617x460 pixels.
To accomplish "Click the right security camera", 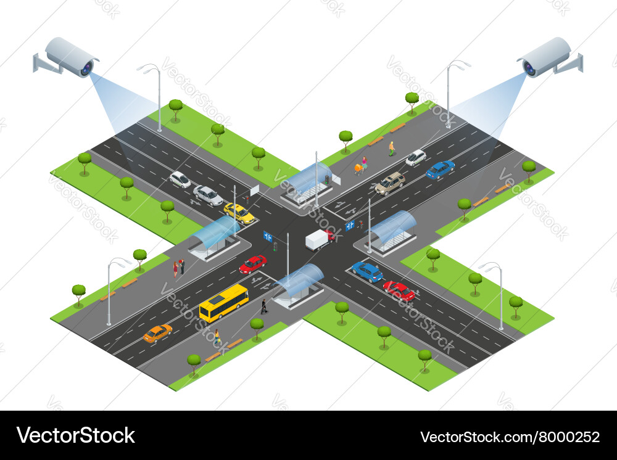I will (547, 57).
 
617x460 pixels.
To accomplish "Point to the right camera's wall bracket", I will (574, 62).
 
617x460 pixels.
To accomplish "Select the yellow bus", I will (224, 303).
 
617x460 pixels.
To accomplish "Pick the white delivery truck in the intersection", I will (319, 239).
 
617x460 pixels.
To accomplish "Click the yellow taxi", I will (239, 213).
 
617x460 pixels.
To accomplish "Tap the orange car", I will (157, 333).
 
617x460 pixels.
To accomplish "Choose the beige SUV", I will (390, 183).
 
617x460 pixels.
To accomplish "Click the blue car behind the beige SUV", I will (440, 169).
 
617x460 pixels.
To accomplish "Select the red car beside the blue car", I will (399, 290).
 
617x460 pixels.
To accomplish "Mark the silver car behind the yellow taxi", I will (208, 195).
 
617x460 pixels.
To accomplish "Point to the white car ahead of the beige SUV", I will (416, 157).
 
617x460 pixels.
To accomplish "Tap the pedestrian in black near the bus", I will (264, 306).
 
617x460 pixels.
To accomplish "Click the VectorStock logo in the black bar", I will (76, 435).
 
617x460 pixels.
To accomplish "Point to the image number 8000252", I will (510, 437).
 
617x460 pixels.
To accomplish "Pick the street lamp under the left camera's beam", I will (157, 96).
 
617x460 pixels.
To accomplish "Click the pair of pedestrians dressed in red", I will (179, 266).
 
